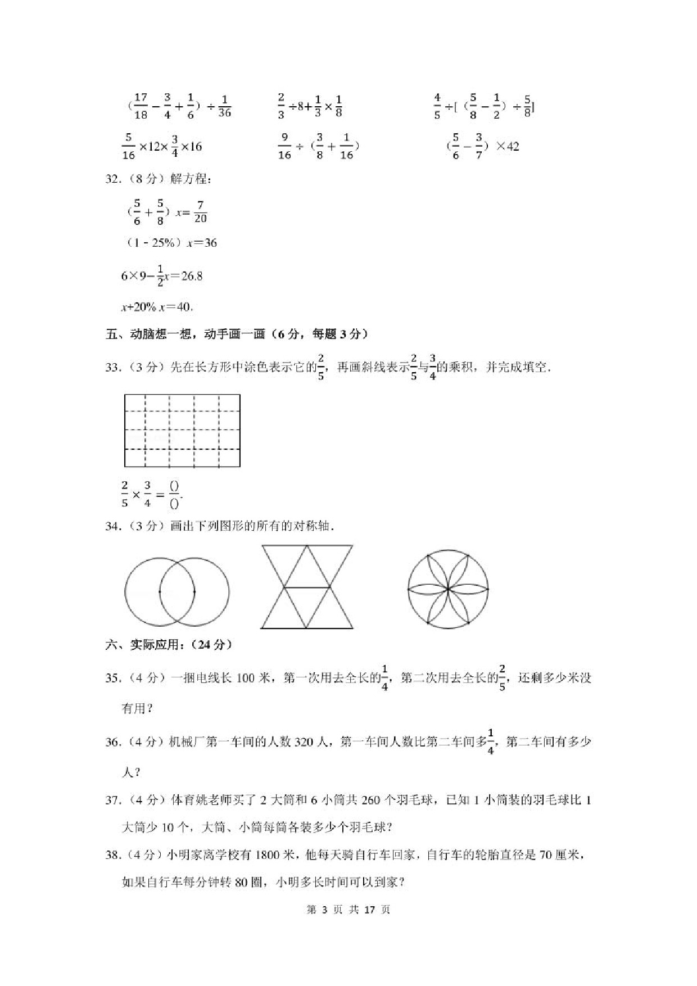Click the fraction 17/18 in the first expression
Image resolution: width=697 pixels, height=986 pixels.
click(141, 106)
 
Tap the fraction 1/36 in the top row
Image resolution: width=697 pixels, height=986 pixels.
click(224, 106)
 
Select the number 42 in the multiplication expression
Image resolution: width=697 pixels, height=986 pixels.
click(512, 146)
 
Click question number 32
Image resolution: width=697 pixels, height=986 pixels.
click(113, 179)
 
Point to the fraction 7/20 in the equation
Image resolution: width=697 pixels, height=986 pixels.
click(200, 212)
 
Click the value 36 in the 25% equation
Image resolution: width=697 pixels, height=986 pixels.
click(210, 243)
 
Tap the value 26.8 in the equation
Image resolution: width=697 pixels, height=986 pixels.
click(192, 276)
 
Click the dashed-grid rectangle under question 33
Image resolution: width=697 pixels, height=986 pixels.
click(182, 431)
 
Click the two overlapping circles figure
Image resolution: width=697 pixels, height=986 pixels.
click(176, 591)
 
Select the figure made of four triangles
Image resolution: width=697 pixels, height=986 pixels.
click(307, 586)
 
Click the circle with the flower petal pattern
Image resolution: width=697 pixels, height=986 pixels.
click(448, 589)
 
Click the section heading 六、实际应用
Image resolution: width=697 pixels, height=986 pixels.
click(169, 645)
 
